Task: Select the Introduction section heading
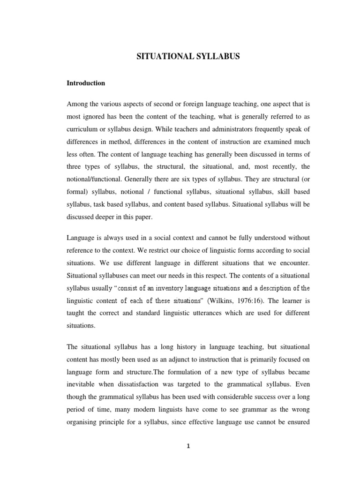click(x=86, y=83)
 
